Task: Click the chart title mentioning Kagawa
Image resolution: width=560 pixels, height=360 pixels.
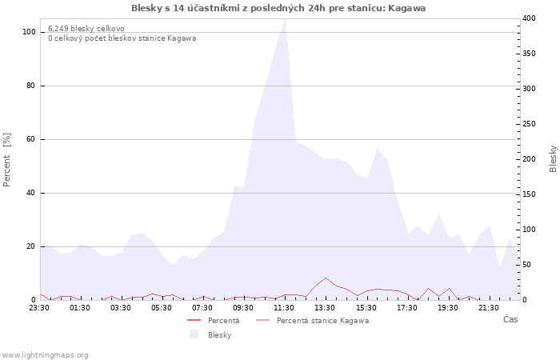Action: pos(278,8)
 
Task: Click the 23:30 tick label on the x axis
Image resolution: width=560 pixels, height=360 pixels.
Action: pos(39,307)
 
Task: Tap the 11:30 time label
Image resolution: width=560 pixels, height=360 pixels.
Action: pos(284,307)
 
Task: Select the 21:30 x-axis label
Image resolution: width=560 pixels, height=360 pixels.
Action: pos(489,307)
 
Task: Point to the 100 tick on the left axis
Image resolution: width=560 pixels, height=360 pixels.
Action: pos(30,32)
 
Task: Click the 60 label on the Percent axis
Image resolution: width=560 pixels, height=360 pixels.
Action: pos(31,139)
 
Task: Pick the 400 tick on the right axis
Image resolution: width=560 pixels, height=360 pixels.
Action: pos(528,18)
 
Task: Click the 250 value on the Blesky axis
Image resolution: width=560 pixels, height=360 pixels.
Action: pos(528,123)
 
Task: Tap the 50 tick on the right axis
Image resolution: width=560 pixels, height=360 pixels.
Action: pos(526,264)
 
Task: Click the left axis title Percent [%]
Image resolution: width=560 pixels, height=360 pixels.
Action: pos(7,160)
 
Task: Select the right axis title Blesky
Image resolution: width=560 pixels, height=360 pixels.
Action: pos(552,158)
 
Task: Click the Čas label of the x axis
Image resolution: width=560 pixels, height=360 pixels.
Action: pos(510,319)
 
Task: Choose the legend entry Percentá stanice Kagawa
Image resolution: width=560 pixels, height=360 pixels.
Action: pos(322,321)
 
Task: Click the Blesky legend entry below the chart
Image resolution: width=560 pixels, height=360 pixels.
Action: pos(219,335)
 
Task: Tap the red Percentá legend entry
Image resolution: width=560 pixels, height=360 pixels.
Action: pos(223,321)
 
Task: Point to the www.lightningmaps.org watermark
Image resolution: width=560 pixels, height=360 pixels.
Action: pos(46,355)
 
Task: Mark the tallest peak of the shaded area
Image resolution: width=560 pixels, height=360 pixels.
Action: pos(285,19)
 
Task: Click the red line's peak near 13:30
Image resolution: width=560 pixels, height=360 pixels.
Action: pos(326,278)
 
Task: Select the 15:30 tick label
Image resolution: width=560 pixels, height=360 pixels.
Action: pos(366,307)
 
